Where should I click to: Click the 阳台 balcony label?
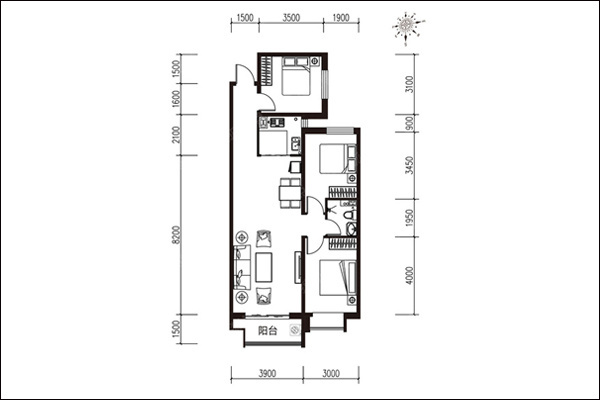(x=267, y=331)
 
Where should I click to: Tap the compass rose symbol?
(x=407, y=26)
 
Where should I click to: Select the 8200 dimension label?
(x=176, y=234)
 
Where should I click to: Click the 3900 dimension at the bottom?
(x=267, y=373)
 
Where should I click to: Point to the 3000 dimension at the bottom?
(x=331, y=373)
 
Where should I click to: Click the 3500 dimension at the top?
(x=291, y=18)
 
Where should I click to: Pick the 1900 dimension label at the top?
(x=341, y=18)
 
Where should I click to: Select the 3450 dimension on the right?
(x=409, y=165)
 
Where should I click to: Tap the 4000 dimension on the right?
(x=409, y=275)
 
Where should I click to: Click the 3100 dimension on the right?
(x=409, y=84)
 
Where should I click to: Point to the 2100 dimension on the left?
(x=176, y=135)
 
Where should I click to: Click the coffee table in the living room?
(x=264, y=267)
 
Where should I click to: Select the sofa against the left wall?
(x=242, y=267)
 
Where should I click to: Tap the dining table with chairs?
(x=290, y=193)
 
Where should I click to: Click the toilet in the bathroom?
(x=351, y=215)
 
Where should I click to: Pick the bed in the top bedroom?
(x=296, y=76)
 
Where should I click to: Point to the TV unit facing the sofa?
(x=298, y=267)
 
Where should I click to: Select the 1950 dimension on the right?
(x=409, y=218)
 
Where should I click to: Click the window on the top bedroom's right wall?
(x=325, y=84)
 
